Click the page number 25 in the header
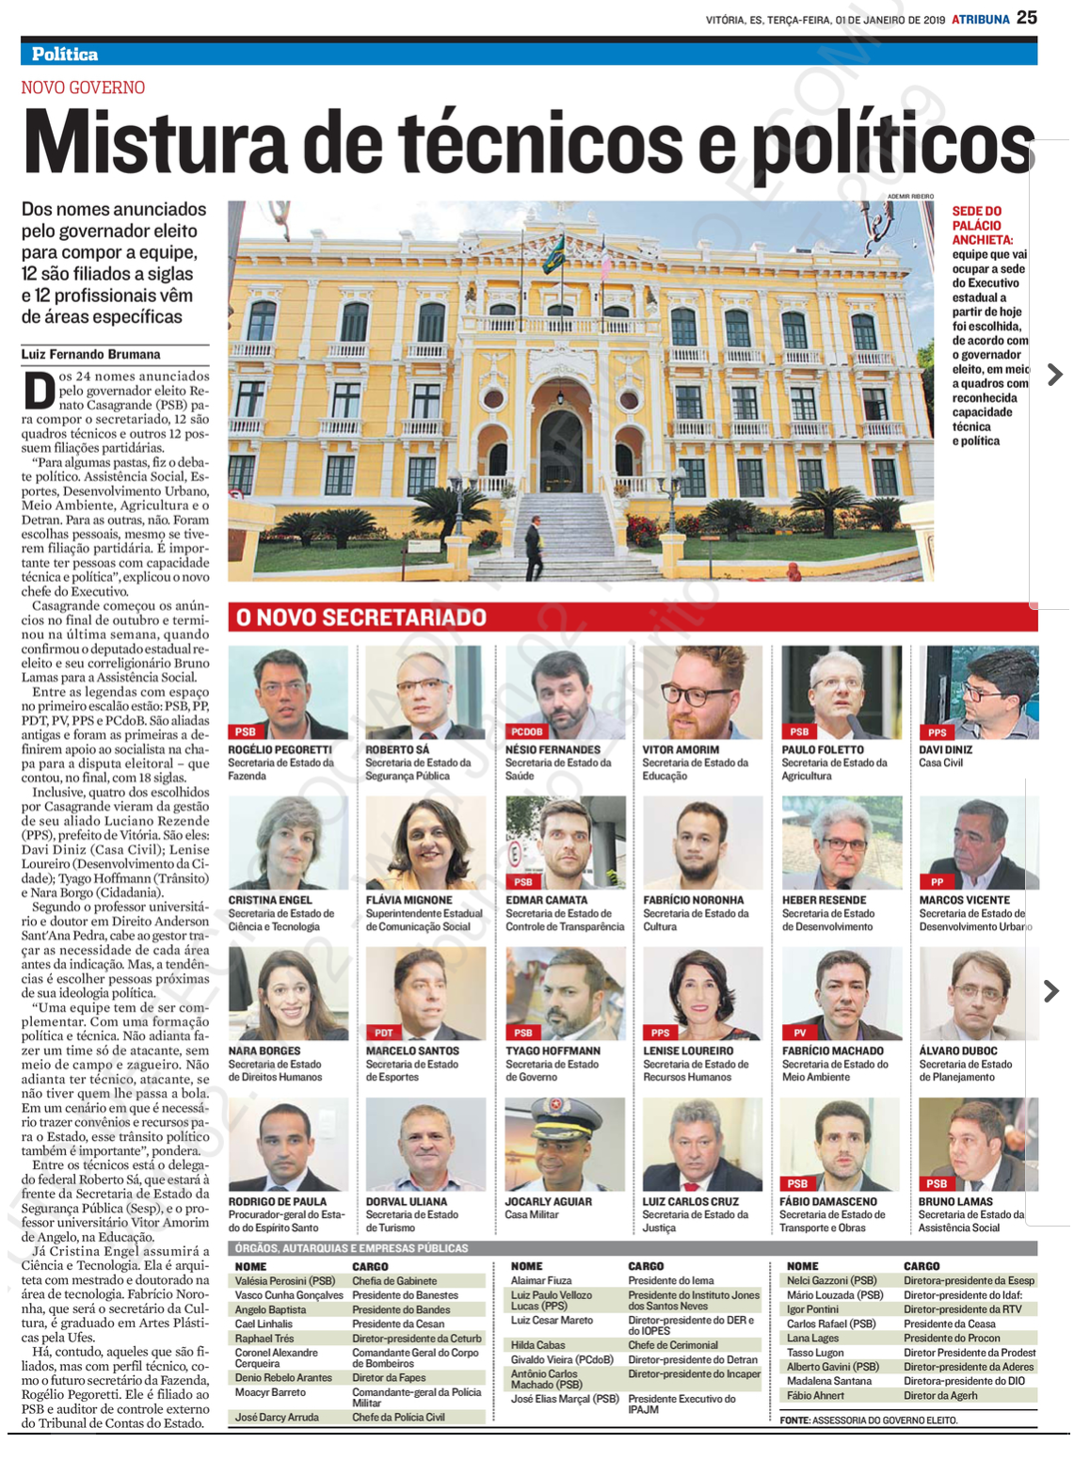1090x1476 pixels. pos(1026,17)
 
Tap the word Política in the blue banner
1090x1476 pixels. pos(65,54)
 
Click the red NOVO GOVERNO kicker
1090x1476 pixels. pos(83,88)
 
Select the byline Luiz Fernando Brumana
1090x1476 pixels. pos(90,355)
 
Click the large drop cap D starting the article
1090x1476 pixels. pos(39,391)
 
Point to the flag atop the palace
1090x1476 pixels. pos(553,253)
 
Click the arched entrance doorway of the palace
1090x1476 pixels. pos(561,441)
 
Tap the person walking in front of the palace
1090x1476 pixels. pos(534,552)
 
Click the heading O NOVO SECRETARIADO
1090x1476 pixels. pos(361,618)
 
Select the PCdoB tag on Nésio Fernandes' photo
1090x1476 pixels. pos(526,731)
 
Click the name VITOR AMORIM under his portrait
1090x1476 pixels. pos(681,750)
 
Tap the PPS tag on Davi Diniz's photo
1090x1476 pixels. pos(937,731)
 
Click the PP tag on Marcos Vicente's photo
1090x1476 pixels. pos(937,882)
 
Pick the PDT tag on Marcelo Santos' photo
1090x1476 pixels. pos(383,1033)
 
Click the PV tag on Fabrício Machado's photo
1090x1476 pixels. pos(799,1033)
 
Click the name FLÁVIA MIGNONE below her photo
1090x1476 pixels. pos(409,901)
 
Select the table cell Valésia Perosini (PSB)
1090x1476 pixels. pos(285,1281)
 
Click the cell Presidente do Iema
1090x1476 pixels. pos(670,1281)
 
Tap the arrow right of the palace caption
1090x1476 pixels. pos(1055,375)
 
